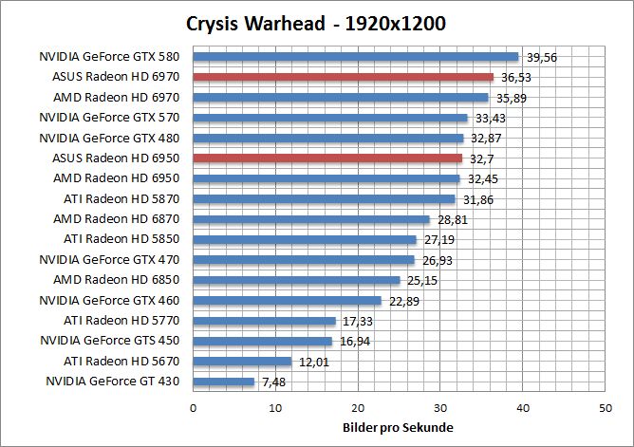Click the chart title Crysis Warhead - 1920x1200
(316, 22)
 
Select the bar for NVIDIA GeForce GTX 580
(356, 57)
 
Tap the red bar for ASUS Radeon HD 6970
(344, 77)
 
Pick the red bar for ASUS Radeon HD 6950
(327, 158)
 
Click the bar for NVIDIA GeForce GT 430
(224, 382)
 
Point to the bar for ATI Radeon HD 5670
(242, 362)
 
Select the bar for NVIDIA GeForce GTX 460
(288, 301)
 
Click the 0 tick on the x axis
(194, 407)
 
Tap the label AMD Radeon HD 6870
(123, 219)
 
